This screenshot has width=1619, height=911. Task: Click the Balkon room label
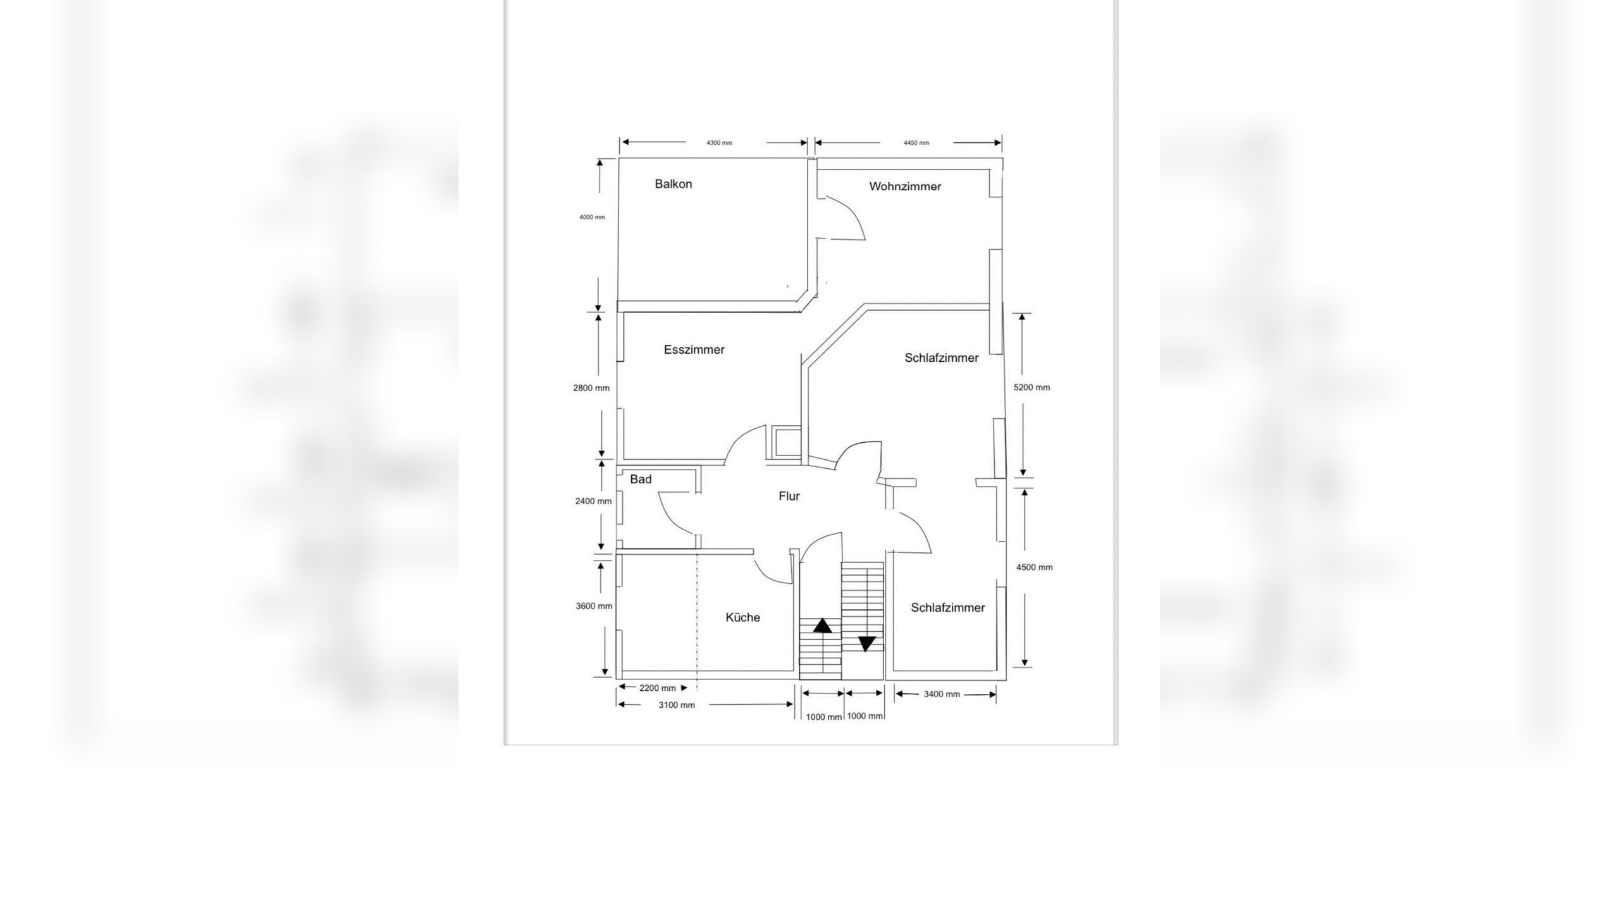click(673, 184)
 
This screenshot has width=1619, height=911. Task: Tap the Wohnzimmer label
click(905, 187)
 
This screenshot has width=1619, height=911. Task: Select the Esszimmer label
click(694, 350)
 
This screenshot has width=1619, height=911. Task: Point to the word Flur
click(789, 497)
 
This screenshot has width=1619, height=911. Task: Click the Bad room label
click(641, 480)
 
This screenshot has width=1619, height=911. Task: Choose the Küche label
click(742, 617)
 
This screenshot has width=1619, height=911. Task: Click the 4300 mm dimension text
click(719, 143)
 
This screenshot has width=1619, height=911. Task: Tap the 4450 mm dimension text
click(916, 143)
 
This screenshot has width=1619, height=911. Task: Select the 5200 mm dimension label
click(1031, 388)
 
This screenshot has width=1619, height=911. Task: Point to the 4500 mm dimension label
click(1034, 567)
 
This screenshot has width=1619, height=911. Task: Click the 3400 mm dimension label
click(942, 694)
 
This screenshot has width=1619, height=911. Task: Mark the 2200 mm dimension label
click(658, 688)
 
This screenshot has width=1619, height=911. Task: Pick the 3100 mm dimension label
click(677, 705)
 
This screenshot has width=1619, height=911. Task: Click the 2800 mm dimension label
click(591, 388)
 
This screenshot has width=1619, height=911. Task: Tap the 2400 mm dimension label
click(593, 502)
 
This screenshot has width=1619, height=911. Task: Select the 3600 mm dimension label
click(594, 606)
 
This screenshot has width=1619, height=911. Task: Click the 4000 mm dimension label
click(592, 218)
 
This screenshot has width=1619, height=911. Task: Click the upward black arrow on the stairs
click(822, 626)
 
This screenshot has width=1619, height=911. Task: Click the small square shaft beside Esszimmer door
click(785, 442)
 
